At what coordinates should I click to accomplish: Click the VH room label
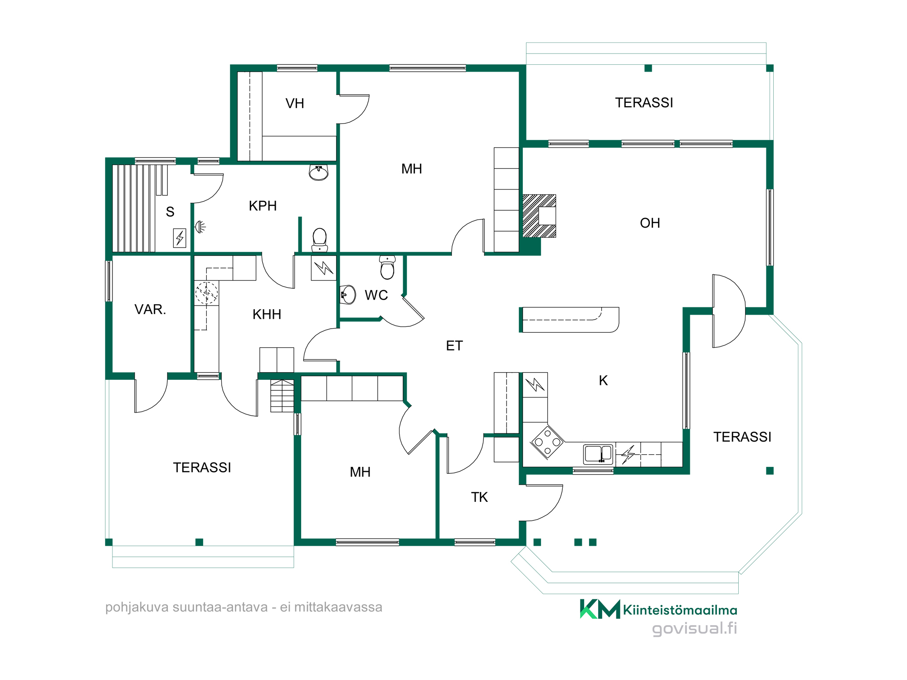click(295, 103)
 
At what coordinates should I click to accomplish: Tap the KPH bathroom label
click(263, 206)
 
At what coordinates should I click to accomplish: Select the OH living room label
click(650, 223)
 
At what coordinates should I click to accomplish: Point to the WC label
click(376, 295)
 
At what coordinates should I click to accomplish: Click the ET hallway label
click(454, 346)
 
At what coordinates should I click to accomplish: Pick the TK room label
click(479, 497)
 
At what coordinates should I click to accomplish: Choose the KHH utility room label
click(267, 314)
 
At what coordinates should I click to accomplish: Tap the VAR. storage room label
click(150, 309)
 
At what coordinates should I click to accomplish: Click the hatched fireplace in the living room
click(539, 216)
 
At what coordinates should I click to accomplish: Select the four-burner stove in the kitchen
click(547, 442)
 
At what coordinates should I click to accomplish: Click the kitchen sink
click(598, 454)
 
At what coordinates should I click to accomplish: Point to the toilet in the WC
click(387, 267)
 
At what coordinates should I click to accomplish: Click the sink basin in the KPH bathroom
click(318, 172)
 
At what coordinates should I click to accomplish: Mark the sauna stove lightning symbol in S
click(180, 238)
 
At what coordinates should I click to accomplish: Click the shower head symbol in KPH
click(200, 226)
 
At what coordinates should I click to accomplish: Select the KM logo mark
click(600, 609)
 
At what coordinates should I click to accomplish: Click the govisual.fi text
click(694, 628)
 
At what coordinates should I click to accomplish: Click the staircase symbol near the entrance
click(282, 396)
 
